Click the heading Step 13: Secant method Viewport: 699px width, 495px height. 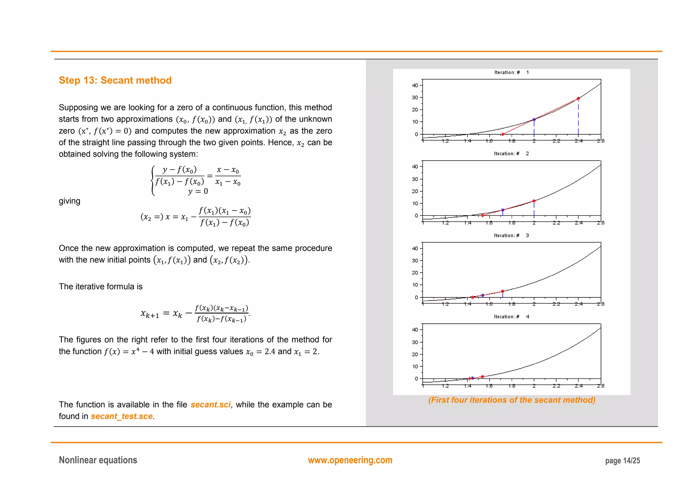[x=115, y=80]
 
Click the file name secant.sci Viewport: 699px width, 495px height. [x=211, y=404]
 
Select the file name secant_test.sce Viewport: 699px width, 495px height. [x=122, y=416]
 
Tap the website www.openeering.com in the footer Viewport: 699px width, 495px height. [x=350, y=460]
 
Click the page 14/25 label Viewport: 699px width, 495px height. [x=622, y=460]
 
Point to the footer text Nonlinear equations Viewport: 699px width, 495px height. [x=98, y=460]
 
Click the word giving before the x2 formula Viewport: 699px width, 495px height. [x=69, y=201]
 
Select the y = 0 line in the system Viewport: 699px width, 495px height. [x=198, y=191]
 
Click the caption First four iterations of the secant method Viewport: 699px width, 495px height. [x=512, y=400]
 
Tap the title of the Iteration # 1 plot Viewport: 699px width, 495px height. [x=511, y=72]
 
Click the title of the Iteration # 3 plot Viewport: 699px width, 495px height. [x=511, y=236]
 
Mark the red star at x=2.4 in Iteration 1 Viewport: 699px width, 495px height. [x=578, y=98]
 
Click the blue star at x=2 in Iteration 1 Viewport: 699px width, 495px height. [x=534, y=120]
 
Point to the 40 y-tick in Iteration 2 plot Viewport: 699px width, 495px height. [x=415, y=167]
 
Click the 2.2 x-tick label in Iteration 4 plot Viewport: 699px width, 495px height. [x=556, y=386]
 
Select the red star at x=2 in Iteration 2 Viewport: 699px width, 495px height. [x=534, y=201]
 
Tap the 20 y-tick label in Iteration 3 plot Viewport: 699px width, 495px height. [x=415, y=273]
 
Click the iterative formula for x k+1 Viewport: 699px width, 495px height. [x=195, y=313]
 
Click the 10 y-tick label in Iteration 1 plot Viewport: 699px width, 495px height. [x=415, y=122]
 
